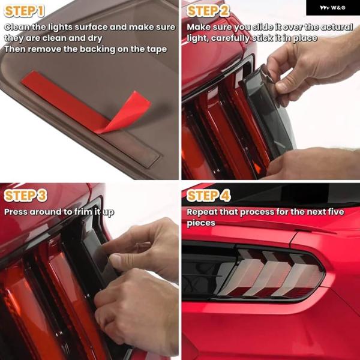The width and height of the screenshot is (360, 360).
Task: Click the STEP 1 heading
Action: [x=24, y=11]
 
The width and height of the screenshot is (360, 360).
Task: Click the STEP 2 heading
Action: [x=208, y=11]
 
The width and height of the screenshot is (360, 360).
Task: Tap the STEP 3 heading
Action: [x=25, y=196]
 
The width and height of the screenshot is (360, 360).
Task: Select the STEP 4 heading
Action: [x=208, y=196]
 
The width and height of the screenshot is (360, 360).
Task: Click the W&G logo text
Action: [x=332, y=8]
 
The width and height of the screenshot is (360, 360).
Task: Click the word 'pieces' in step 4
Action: [x=201, y=223]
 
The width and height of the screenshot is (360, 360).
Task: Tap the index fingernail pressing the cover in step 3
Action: [x=115, y=259]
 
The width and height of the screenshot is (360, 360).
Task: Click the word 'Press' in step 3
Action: [x=16, y=212]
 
